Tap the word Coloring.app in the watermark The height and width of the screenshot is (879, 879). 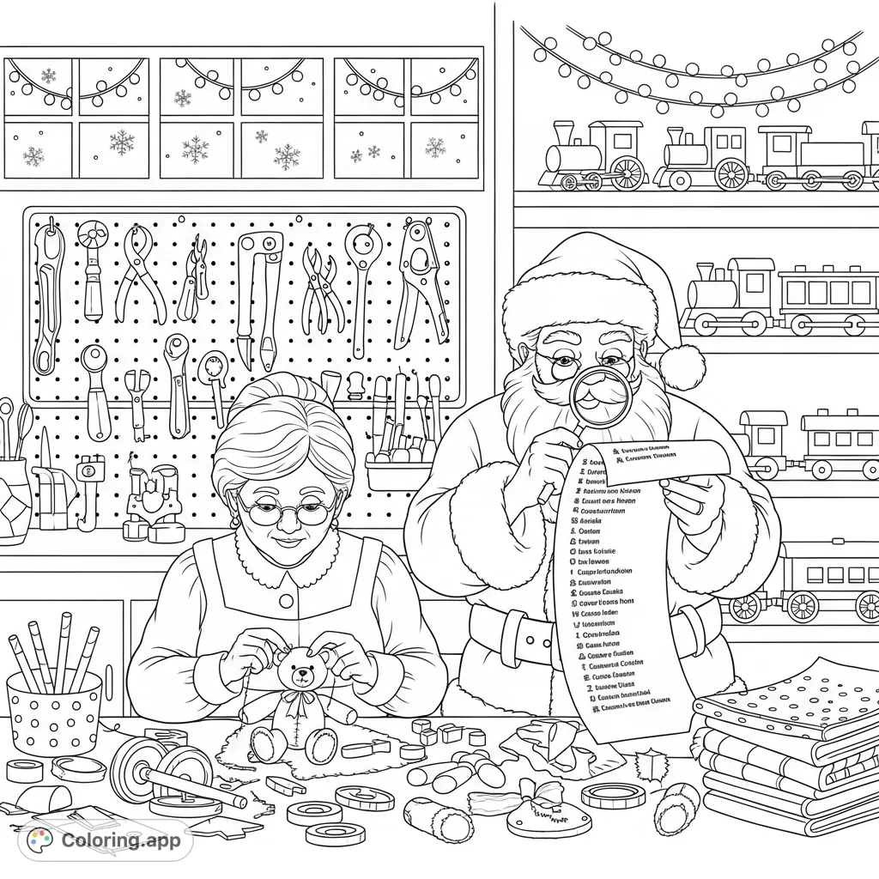point(120,840)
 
